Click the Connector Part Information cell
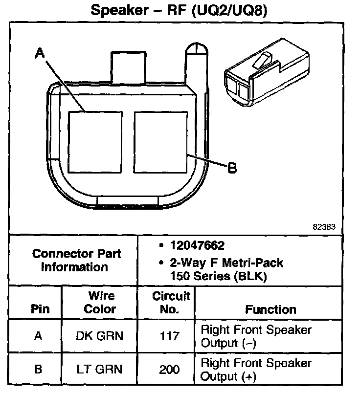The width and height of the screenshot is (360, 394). coord(76,261)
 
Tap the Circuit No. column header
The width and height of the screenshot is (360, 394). coord(171,303)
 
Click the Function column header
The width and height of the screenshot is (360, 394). coord(270,309)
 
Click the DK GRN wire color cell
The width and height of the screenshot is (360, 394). coord(100,336)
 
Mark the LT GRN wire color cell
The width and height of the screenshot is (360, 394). coord(100,370)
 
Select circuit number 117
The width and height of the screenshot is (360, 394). coord(171,336)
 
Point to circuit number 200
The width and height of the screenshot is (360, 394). coord(171,370)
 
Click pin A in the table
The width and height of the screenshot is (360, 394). coord(38,336)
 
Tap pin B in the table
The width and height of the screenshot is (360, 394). coord(38,370)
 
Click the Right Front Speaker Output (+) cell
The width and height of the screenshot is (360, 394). coord(256,370)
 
